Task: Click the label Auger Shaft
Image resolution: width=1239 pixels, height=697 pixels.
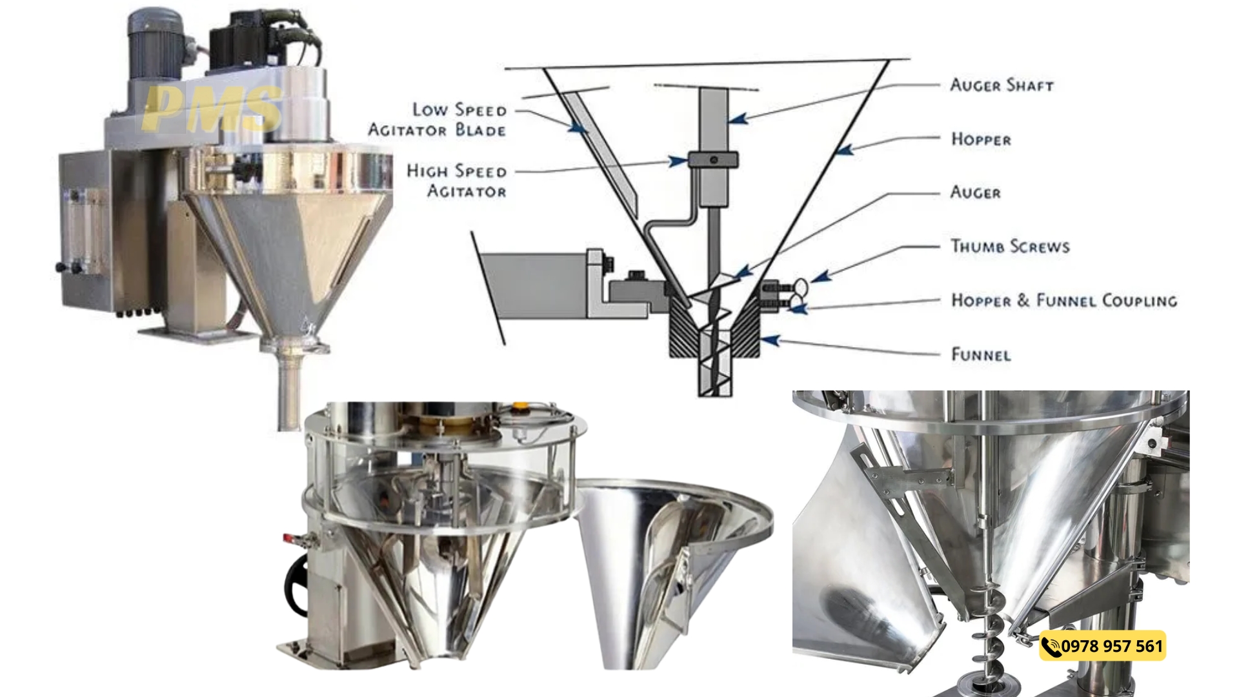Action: [x=1002, y=85]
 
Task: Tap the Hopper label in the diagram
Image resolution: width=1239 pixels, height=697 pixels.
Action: [x=981, y=139]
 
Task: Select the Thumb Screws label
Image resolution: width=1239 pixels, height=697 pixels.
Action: [x=1010, y=246]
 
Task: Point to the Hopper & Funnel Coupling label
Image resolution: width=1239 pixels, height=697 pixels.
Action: [x=1064, y=300]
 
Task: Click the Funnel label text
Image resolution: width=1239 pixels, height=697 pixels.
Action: [x=981, y=354]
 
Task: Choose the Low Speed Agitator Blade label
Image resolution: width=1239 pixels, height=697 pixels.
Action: [x=438, y=119]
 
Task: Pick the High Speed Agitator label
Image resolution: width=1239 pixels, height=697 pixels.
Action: [x=457, y=181]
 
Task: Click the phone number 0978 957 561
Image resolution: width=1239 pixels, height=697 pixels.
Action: [x=1112, y=646]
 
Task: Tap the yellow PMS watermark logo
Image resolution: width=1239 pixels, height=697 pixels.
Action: [x=212, y=108]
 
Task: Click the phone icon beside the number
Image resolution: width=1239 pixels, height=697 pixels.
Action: [x=1051, y=647]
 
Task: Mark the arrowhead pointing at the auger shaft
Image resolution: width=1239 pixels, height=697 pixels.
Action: [x=738, y=119]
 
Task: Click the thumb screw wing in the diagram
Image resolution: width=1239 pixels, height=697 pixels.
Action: [x=800, y=285]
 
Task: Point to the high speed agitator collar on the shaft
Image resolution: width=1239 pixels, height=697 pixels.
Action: [x=713, y=159]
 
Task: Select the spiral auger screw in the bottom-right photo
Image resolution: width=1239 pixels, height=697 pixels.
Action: [x=991, y=639]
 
